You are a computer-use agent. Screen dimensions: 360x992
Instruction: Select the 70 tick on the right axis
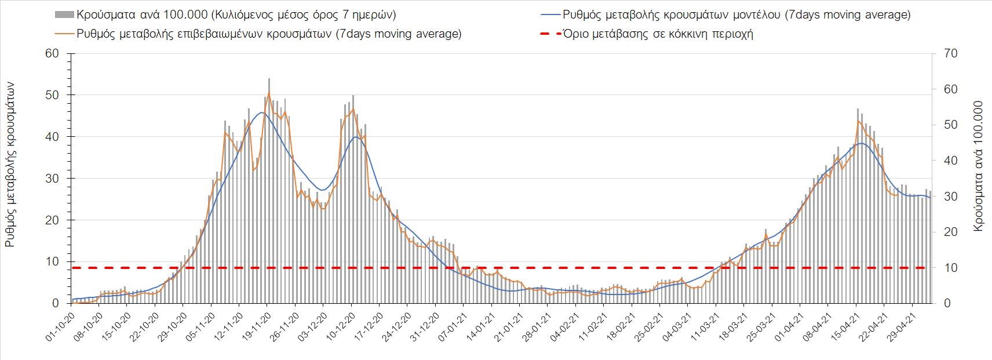951,53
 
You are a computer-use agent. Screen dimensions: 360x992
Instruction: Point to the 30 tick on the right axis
951,197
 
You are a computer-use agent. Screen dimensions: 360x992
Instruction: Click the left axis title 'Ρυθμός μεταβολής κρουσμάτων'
10,165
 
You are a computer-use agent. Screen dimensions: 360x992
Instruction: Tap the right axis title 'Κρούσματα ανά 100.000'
979,167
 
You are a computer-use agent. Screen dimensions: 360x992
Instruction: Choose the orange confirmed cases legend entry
264,34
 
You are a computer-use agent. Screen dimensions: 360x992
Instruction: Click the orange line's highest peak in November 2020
269,92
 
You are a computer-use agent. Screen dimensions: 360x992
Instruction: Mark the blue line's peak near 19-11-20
262,112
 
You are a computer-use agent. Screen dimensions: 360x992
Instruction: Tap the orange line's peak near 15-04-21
858,121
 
